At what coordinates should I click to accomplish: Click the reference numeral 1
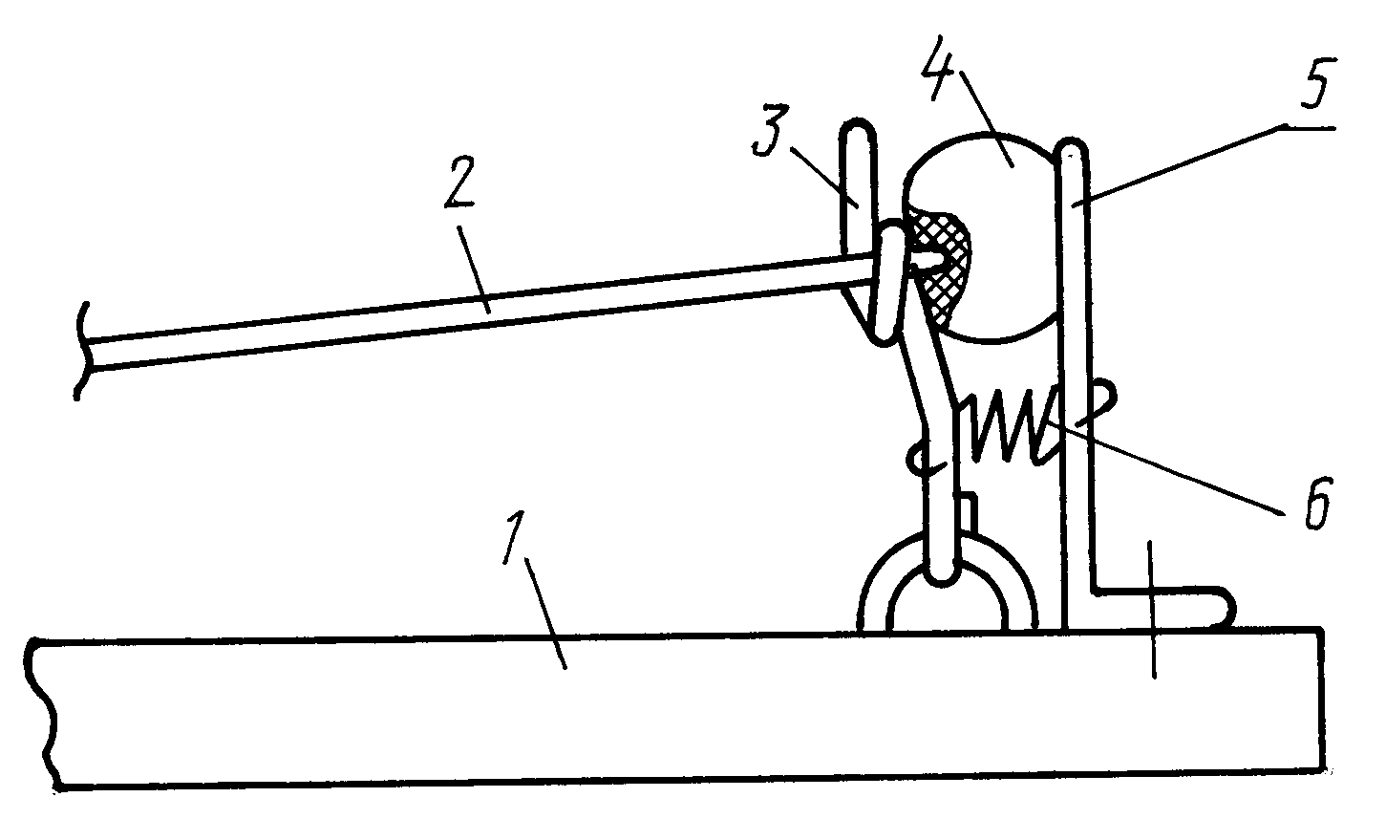514,536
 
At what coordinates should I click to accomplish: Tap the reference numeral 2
459,182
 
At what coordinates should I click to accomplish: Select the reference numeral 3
771,130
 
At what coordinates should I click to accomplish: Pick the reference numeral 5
1313,82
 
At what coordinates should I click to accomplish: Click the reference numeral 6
1315,504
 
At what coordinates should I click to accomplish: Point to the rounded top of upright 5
1072,147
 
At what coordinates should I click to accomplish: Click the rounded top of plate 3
858,124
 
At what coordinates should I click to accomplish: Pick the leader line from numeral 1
545,613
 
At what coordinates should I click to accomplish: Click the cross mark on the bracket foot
1151,610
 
